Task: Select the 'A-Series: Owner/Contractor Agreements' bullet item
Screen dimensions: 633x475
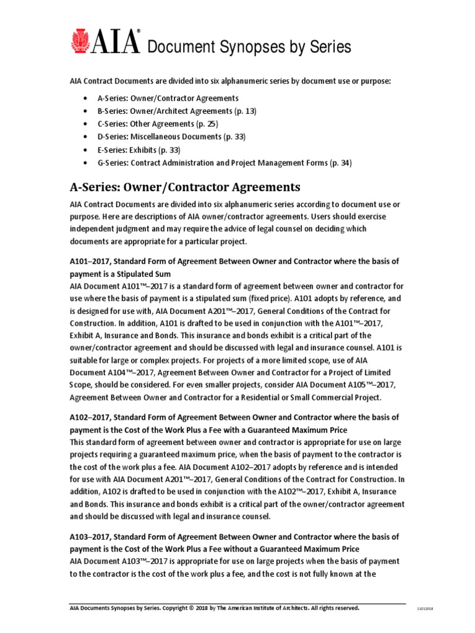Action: click(x=168, y=98)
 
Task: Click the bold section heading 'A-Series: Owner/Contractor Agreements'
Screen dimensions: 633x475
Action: click(x=185, y=187)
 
